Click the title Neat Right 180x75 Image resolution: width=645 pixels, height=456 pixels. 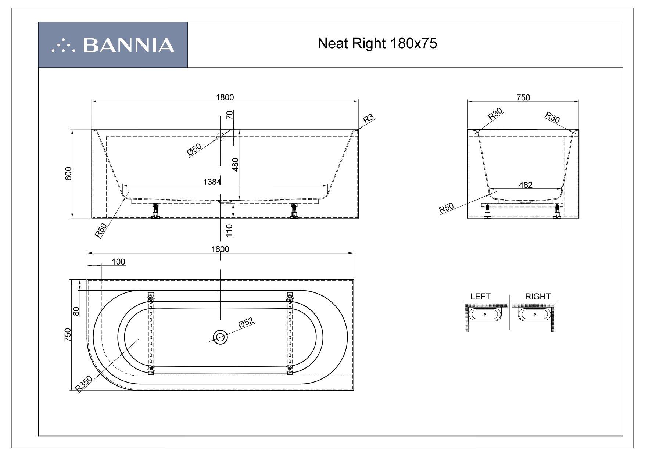click(377, 44)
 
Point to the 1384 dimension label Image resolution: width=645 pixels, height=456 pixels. click(212, 182)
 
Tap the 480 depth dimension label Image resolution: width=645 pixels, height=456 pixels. click(236, 164)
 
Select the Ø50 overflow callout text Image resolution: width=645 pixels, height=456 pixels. click(194, 150)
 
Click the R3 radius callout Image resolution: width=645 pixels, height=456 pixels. click(368, 119)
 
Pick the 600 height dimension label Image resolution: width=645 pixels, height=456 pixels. click(68, 173)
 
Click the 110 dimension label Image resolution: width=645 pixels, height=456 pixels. click(229, 230)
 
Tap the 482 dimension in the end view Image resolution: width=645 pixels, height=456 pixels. click(526, 185)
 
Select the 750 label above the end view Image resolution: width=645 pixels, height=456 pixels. click(523, 97)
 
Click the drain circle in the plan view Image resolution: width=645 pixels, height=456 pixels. click(220, 336)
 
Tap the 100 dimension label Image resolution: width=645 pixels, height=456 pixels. click(118, 262)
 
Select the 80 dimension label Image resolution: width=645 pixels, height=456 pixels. click(76, 312)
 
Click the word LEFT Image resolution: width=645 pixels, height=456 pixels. click(480, 297)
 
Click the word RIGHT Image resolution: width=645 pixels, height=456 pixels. click(538, 297)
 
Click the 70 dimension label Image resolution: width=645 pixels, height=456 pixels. click(230, 115)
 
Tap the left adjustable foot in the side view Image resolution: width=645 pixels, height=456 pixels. click(155, 211)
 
